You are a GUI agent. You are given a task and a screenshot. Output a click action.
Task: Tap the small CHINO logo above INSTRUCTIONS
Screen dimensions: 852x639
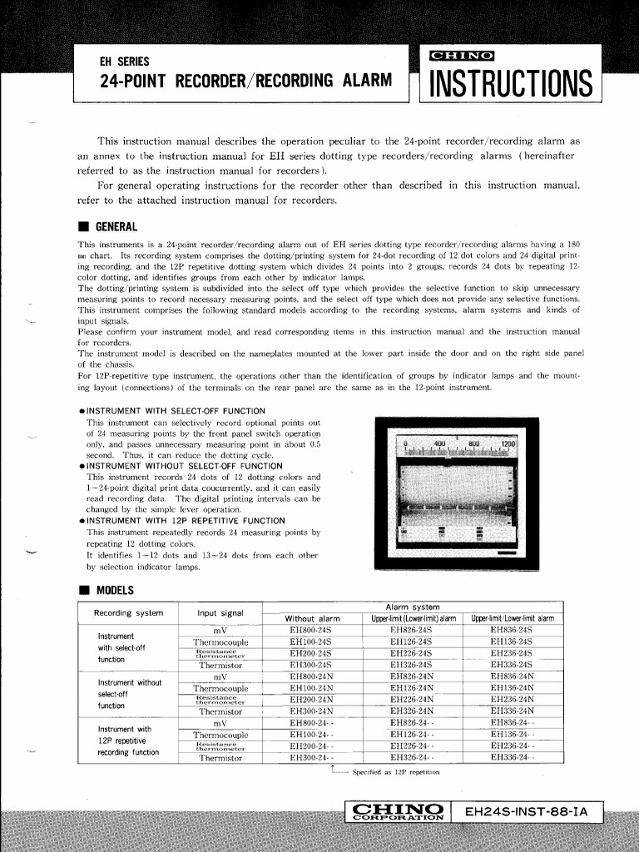coord(460,57)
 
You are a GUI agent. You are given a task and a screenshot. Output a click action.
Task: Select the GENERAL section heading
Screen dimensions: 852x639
coord(116,226)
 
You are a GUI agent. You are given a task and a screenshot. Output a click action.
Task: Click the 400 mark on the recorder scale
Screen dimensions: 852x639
coord(441,444)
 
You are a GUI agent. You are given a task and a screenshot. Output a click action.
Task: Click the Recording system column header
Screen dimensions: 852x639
coord(128,613)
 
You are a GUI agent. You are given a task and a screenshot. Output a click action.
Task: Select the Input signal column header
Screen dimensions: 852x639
coord(220,613)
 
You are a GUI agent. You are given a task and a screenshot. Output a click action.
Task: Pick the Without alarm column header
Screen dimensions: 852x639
coord(312,619)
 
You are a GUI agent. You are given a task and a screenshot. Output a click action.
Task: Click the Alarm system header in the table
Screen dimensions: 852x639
coord(414,607)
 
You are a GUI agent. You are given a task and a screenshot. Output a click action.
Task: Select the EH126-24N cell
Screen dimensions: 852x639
coord(412,688)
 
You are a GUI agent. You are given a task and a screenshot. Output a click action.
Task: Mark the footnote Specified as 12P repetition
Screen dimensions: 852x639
coord(395,772)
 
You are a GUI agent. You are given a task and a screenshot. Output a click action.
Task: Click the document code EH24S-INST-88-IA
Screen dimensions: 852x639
coord(526,811)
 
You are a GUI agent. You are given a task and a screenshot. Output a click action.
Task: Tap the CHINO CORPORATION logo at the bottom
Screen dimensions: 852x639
coord(397,811)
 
